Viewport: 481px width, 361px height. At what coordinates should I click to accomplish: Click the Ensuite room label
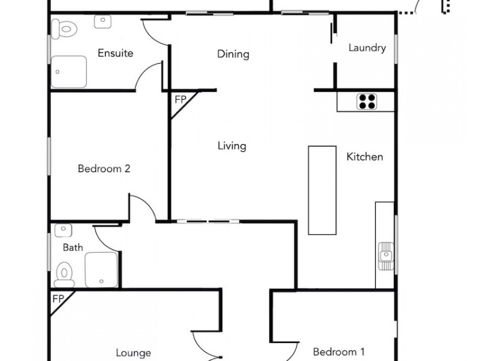tap(115, 54)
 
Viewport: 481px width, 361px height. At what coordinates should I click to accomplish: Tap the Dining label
tap(233, 55)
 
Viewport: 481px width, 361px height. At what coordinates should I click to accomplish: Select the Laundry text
tap(367, 48)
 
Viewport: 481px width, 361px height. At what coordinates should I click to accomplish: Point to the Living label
tap(231, 146)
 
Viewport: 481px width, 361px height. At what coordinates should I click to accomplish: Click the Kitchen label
tap(364, 157)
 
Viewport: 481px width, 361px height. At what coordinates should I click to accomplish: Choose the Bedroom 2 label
tap(104, 169)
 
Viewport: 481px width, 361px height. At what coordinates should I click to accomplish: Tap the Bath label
tap(73, 247)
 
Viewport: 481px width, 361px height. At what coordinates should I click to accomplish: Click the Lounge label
tap(133, 353)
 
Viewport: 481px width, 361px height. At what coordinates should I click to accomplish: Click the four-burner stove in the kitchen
tap(367, 101)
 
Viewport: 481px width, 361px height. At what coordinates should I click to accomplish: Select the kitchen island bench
tap(322, 190)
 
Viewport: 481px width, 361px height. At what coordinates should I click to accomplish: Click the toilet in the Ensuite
tap(63, 28)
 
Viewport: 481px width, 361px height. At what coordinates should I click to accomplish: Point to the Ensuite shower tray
tap(69, 72)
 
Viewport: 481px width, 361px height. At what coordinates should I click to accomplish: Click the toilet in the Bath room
tap(64, 275)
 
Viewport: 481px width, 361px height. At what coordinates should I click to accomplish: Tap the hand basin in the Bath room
tap(63, 230)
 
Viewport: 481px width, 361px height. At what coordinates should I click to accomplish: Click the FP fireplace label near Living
tap(180, 100)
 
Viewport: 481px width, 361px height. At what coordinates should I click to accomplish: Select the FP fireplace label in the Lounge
tap(58, 299)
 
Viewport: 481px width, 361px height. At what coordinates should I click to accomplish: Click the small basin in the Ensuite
tap(103, 21)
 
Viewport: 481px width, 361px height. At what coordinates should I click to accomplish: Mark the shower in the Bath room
tap(101, 269)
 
